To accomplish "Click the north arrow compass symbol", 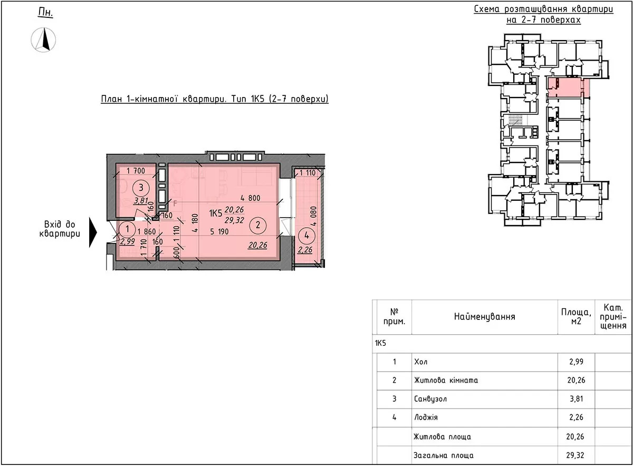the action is click(x=43, y=40).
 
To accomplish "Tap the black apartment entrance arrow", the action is click(x=93, y=232).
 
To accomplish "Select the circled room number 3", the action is click(x=141, y=188).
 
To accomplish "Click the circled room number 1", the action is click(x=127, y=229).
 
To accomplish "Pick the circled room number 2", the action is click(x=258, y=225).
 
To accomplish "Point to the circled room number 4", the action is click(x=306, y=235).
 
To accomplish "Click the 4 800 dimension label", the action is click(x=251, y=198).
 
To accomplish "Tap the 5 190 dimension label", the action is click(x=219, y=231).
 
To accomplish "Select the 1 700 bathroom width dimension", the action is click(x=136, y=171).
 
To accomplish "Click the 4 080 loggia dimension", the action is click(x=314, y=216).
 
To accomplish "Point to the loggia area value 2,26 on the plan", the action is click(x=305, y=250).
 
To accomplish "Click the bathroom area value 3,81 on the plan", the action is click(x=141, y=201).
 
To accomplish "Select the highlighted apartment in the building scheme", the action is click(x=569, y=88).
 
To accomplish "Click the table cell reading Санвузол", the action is click(x=430, y=399).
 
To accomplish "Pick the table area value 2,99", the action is click(x=576, y=362).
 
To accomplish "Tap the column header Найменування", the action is click(x=484, y=317).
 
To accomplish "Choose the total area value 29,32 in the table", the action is click(x=575, y=455).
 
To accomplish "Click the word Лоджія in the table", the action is click(x=426, y=417).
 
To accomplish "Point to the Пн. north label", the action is click(x=45, y=13).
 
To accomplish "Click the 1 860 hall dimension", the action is click(x=147, y=231).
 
